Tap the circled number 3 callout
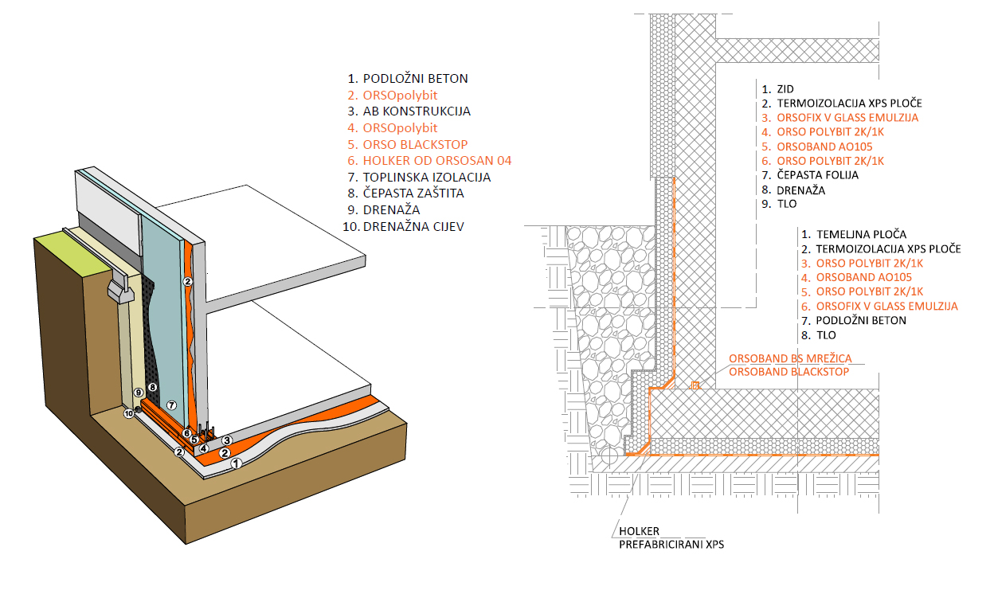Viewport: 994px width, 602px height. tap(227, 440)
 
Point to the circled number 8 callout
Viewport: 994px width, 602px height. tap(154, 388)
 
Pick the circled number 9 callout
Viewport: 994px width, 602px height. tap(138, 393)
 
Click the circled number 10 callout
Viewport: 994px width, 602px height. tap(127, 412)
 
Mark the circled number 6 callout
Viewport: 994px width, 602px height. tap(186, 433)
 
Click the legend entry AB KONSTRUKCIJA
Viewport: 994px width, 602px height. tap(417, 111)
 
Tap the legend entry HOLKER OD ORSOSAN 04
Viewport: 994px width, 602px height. tap(436, 161)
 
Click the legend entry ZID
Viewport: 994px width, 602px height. tap(785, 88)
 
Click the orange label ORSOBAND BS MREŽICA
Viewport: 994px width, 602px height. tap(788, 359)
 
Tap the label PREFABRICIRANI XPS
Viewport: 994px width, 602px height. tap(671, 545)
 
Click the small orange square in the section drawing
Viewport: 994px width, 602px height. tap(695, 386)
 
